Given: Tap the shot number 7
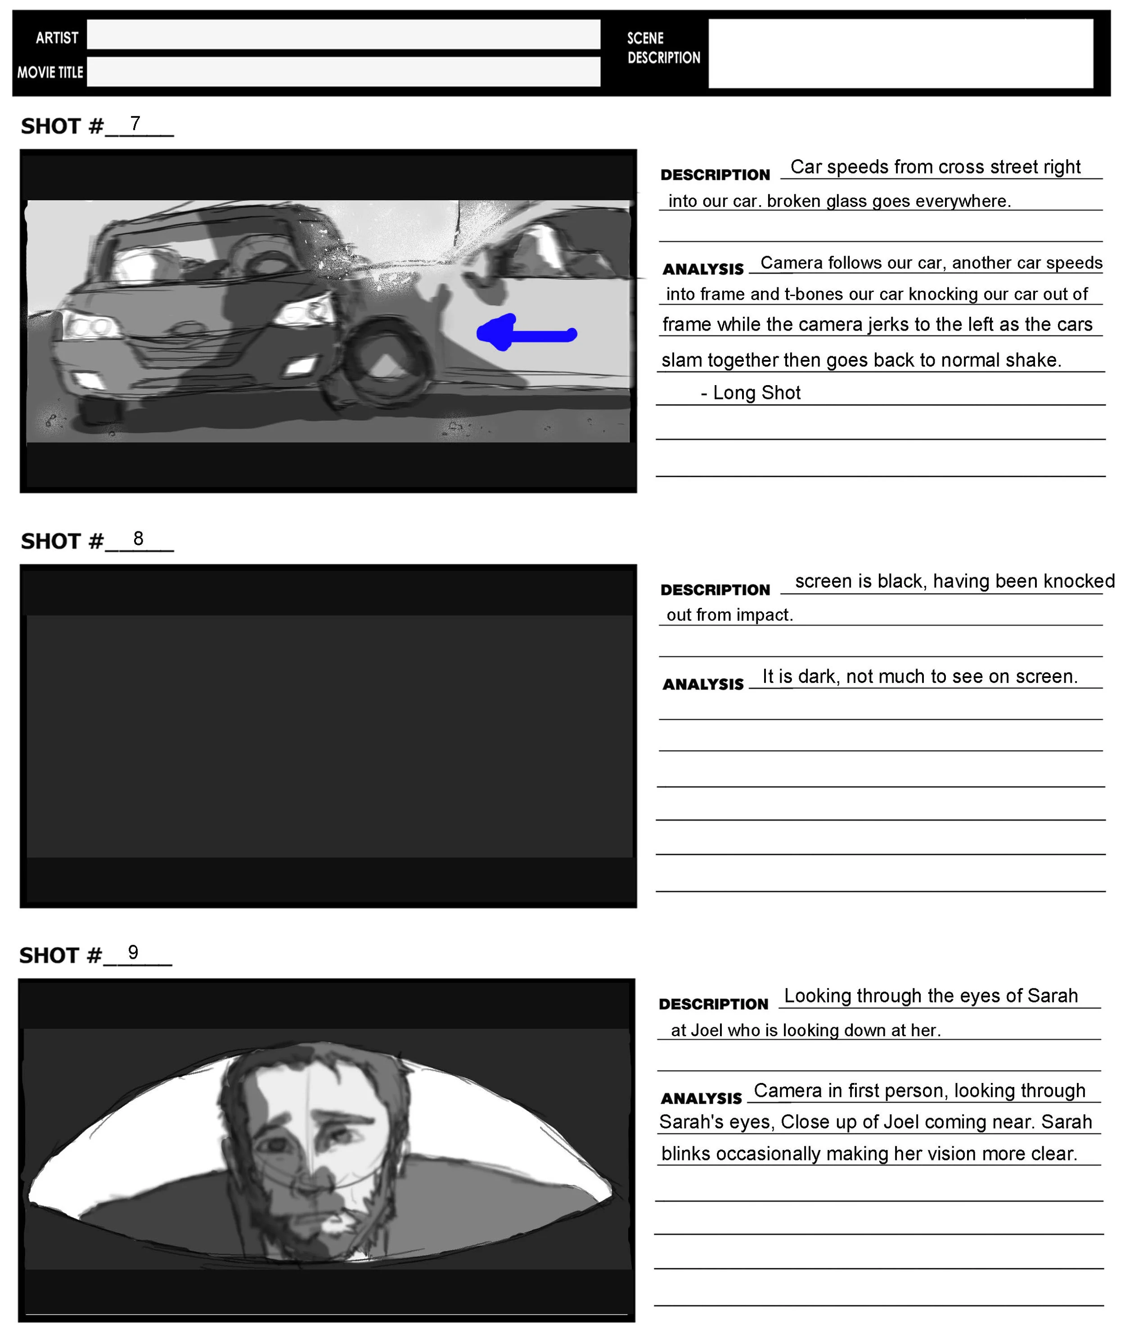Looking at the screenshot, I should pyautogui.click(x=135, y=123).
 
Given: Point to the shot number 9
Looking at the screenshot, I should pyautogui.click(x=133, y=952).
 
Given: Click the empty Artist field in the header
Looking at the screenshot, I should pyautogui.click(x=343, y=35).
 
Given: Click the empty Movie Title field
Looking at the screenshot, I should pyautogui.click(x=343, y=72).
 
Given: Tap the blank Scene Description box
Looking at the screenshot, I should pyautogui.click(x=900, y=53).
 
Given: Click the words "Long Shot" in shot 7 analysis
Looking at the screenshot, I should pyautogui.click(x=756, y=393).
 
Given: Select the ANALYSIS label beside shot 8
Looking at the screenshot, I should pyautogui.click(x=703, y=684).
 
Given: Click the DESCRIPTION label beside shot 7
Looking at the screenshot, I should pyautogui.click(x=715, y=175).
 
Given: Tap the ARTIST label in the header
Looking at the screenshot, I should pyautogui.click(x=57, y=38).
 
